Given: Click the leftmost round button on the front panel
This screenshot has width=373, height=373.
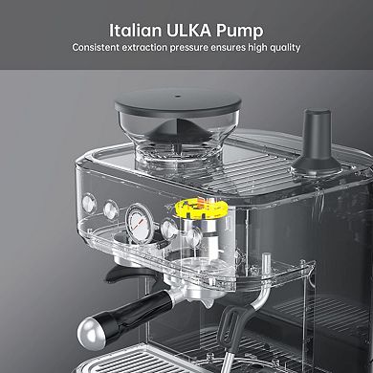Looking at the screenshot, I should pyautogui.click(x=90, y=203).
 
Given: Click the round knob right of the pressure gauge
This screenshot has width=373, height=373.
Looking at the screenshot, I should pyautogui.click(x=170, y=230).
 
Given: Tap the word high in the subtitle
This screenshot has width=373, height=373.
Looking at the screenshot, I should pyautogui.click(x=260, y=46).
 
